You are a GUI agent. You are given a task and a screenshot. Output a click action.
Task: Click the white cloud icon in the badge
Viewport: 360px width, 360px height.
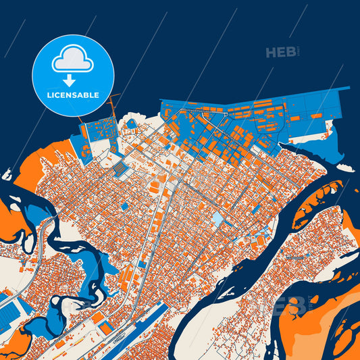(x=72, y=59)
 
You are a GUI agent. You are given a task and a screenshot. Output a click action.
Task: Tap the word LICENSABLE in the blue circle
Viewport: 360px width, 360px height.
(x=72, y=95)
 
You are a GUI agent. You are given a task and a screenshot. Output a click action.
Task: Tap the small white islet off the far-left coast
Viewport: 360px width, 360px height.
(x=7, y=174)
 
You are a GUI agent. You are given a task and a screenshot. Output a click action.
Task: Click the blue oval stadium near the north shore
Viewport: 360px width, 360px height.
(x=130, y=124)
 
